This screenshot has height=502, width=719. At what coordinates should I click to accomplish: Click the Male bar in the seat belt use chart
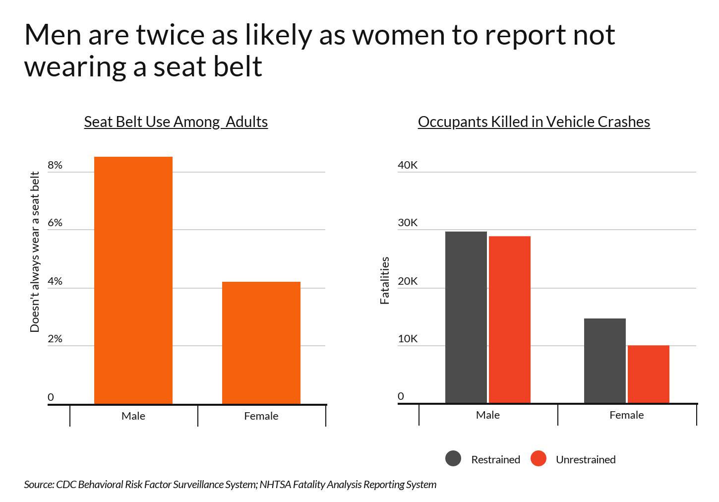click(133, 280)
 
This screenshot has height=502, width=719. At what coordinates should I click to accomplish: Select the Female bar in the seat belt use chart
click(261, 343)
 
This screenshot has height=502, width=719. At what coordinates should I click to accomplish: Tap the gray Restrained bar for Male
click(466, 317)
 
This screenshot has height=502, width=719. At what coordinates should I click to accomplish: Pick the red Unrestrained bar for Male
click(510, 319)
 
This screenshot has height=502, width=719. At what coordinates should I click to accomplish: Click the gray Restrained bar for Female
click(605, 361)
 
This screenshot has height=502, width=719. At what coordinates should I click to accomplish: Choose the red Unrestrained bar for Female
click(649, 374)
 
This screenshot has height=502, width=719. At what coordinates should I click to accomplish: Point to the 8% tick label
click(55, 165)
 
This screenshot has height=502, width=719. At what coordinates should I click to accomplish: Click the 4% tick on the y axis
click(55, 281)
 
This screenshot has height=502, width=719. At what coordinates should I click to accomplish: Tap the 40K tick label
click(408, 165)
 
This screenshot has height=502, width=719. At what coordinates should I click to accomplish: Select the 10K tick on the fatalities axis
click(408, 339)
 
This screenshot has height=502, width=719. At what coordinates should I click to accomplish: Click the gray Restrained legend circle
click(453, 458)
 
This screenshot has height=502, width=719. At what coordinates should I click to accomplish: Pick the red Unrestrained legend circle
click(539, 458)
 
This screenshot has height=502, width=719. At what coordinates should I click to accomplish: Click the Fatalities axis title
click(384, 280)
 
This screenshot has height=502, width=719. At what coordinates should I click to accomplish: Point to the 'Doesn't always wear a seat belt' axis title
click(34, 252)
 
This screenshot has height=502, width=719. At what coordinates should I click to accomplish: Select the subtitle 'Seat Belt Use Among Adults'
click(176, 122)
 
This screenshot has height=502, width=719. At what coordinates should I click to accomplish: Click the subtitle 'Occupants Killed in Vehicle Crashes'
click(534, 122)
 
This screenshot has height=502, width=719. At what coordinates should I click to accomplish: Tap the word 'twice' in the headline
click(170, 35)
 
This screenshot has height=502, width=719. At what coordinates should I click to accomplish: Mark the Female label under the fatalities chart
click(627, 415)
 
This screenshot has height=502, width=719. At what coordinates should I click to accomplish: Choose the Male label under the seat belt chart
click(133, 416)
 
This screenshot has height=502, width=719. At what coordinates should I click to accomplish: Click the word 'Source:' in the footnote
click(39, 484)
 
